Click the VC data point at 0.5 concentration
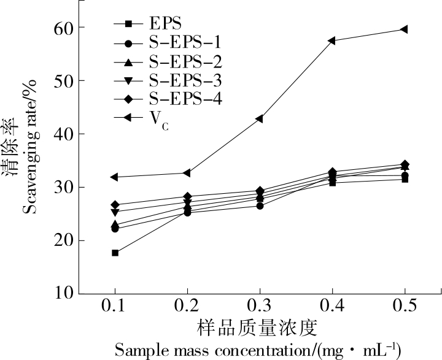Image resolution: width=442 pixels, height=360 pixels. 404,29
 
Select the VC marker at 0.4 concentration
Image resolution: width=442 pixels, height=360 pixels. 331,40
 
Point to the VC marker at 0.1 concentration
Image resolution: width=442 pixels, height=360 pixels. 115,177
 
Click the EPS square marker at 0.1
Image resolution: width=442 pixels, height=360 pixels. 115,253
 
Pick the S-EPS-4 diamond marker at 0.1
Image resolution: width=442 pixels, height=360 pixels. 115,205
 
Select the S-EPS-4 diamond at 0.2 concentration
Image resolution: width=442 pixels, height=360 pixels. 187,197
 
